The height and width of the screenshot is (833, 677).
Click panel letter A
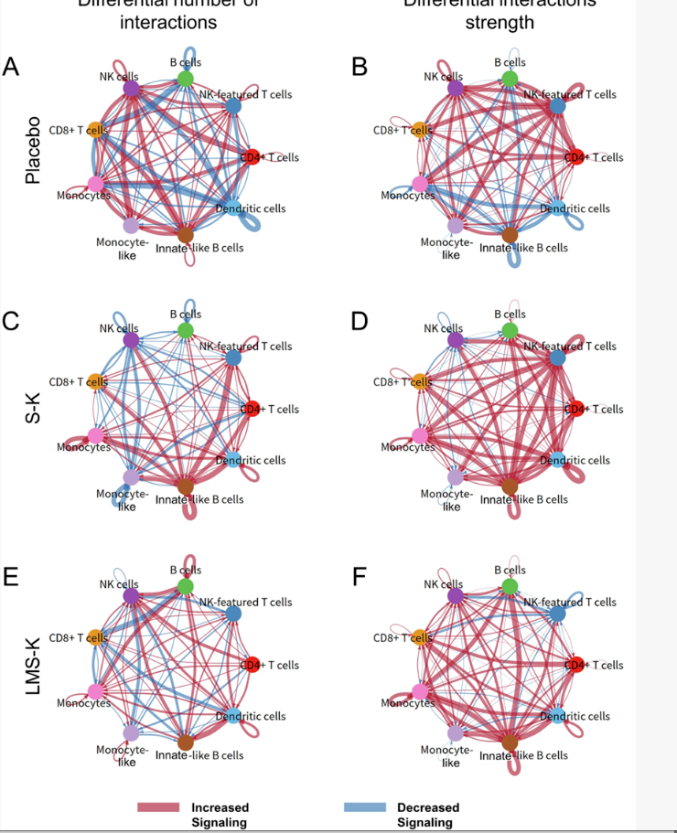[11, 68]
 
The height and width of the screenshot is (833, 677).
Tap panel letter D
[360, 323]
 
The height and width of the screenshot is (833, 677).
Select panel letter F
[359, 579]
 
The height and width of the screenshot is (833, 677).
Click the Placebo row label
[33, 150]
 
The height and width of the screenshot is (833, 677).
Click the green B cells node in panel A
[186, 80]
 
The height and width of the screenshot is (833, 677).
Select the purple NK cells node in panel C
[131, 340]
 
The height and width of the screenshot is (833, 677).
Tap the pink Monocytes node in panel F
[420, 691]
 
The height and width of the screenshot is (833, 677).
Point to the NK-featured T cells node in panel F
[557, 614]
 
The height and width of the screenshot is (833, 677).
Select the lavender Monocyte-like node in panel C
[131, 477]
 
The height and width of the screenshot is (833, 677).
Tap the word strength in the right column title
[500, 22]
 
